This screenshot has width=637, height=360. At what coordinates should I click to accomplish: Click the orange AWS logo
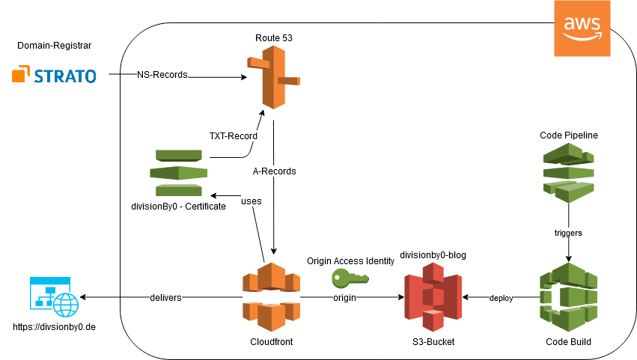click(x=582, y=28)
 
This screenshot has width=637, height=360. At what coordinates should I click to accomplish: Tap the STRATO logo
click(x=54, y=76)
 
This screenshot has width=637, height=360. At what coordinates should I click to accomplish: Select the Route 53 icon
click(x=273, y=76)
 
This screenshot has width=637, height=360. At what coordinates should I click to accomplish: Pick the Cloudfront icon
click(x=270, y=297)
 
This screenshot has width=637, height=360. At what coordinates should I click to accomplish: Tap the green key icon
click(x=350, y=278)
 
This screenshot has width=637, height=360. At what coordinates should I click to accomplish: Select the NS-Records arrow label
click(x=162, y=75)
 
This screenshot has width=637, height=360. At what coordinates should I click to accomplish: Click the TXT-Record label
click(x=233, y=136)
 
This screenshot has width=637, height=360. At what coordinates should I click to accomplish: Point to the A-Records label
click(x=274, y=171)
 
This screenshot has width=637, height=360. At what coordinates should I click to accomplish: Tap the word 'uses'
click(x=252, y=201)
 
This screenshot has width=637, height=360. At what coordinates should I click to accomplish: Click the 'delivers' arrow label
click(x=165, y=297)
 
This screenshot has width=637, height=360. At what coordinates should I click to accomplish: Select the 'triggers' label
click(x=568, y=233)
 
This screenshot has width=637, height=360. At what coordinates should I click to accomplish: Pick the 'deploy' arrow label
click(x=501, y=298)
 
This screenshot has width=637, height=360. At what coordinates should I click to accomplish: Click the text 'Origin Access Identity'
click(x=350, y=260)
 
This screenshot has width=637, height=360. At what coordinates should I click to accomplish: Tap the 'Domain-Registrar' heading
click(x=54, y=46)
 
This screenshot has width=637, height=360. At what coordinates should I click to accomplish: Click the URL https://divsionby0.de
click(x=55, y=327)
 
